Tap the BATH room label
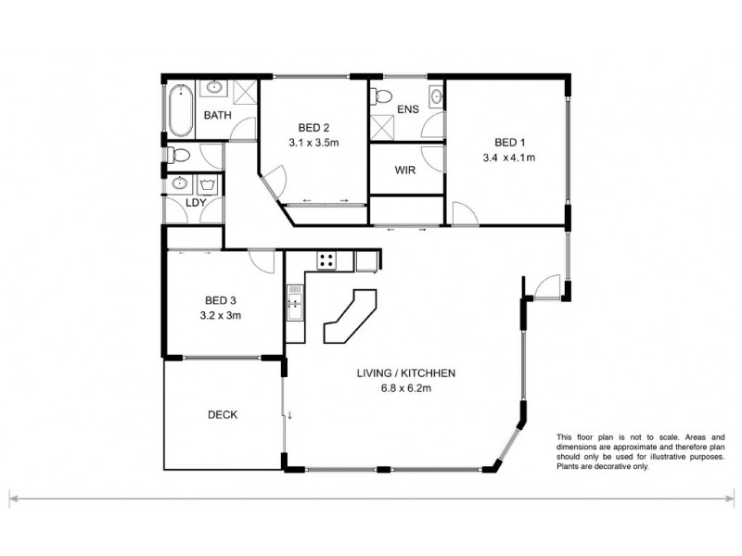click(218, 116)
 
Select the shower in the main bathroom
click(244, 93)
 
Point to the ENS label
click(407, 109)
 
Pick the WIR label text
click(404, 171)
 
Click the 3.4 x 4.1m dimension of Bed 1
click(509, 158)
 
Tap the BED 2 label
click(313, 128)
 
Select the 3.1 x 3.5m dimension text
click(313, 143)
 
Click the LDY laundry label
click(195, 202)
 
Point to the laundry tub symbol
click(207, 183)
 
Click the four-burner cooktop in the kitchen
click(326, 260)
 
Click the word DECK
click(222, 415)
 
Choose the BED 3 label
click(220, 299)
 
